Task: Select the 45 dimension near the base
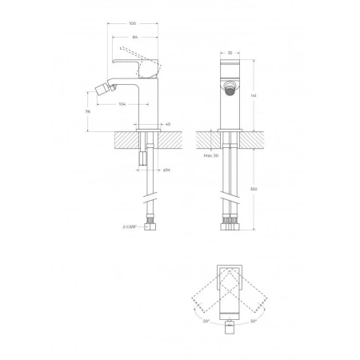point(168,124)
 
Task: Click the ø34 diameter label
point(166,170)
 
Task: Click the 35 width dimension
point(230,53)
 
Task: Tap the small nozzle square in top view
point(230,326)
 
